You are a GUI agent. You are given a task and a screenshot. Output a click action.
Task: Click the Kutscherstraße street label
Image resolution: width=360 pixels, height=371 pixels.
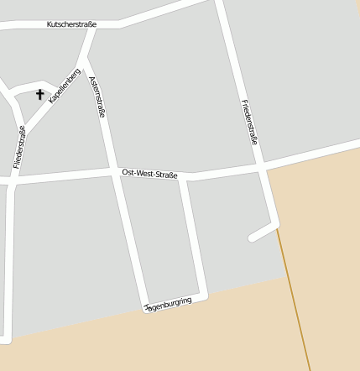point(71,25)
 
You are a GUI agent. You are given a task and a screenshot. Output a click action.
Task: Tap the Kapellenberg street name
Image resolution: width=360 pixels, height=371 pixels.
point(65,86)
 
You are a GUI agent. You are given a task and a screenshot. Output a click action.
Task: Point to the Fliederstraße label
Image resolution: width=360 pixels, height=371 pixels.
point(18,147)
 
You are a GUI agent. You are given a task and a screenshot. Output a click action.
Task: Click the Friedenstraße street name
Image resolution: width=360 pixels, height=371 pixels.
point(249,123)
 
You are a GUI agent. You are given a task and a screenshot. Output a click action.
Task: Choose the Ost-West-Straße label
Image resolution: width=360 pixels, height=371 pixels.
point(149,174)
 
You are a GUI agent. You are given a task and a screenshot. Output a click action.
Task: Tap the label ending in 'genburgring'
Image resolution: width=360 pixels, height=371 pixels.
point(169,304)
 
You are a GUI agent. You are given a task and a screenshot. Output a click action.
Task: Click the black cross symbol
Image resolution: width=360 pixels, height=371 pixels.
point(39,95)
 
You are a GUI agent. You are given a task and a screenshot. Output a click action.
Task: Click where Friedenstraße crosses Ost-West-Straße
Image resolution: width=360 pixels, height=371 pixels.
point(263,169)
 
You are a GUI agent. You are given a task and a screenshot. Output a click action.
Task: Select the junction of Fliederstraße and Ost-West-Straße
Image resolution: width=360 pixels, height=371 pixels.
point(12,181)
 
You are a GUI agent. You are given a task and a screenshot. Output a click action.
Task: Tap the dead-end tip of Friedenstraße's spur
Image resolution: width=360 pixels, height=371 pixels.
point(252,238)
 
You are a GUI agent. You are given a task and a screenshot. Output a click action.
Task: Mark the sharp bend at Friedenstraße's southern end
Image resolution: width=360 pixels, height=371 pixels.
point(274,224)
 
